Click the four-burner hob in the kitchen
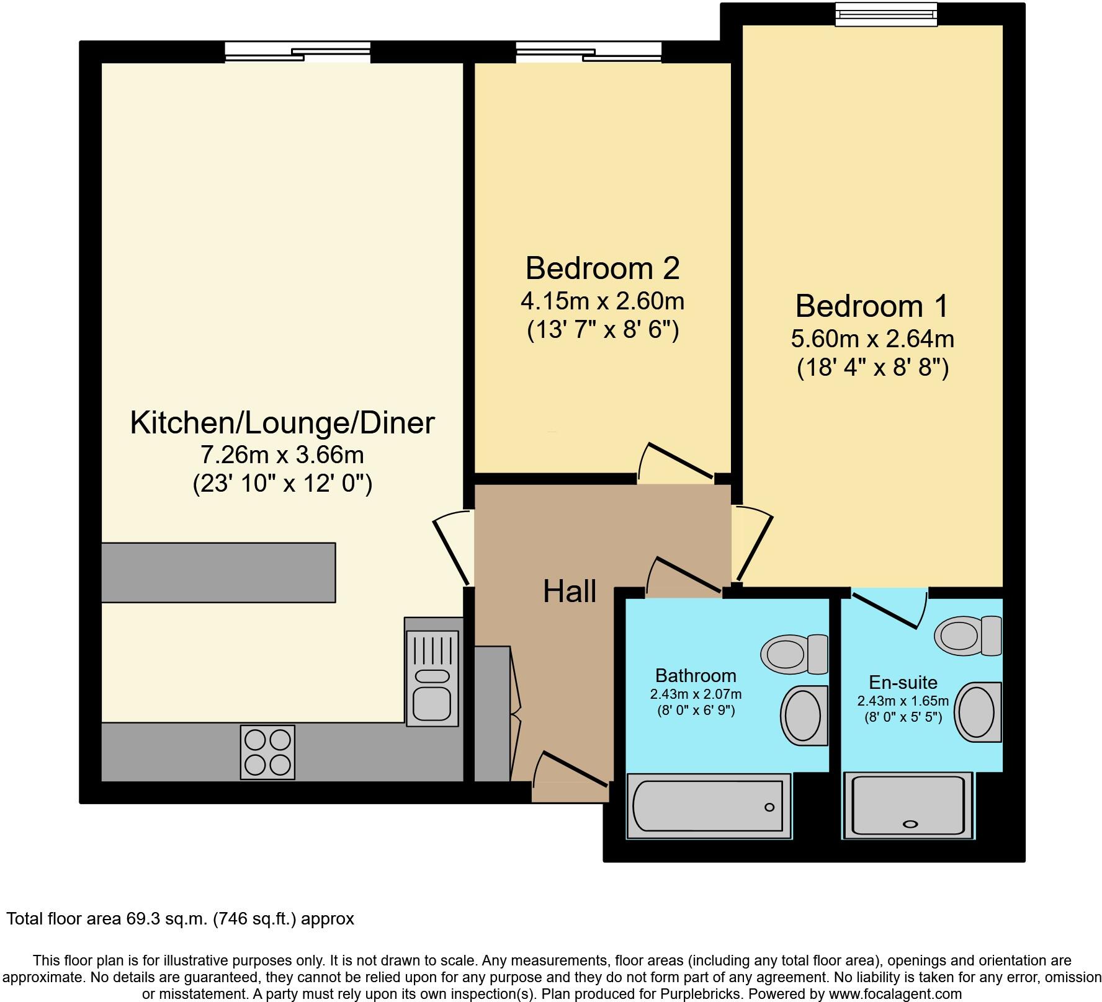267,751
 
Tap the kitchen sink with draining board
432,678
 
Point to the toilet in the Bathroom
795,654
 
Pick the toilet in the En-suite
969,636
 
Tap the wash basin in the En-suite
979,711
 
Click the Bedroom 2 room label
603,268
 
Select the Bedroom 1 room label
872,306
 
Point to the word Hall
570,592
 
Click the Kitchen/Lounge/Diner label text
282,423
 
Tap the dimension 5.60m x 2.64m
872,339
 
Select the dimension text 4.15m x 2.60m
603,301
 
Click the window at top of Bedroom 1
886,14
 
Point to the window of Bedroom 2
589,52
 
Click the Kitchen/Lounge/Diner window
298,52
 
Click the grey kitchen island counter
218,572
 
